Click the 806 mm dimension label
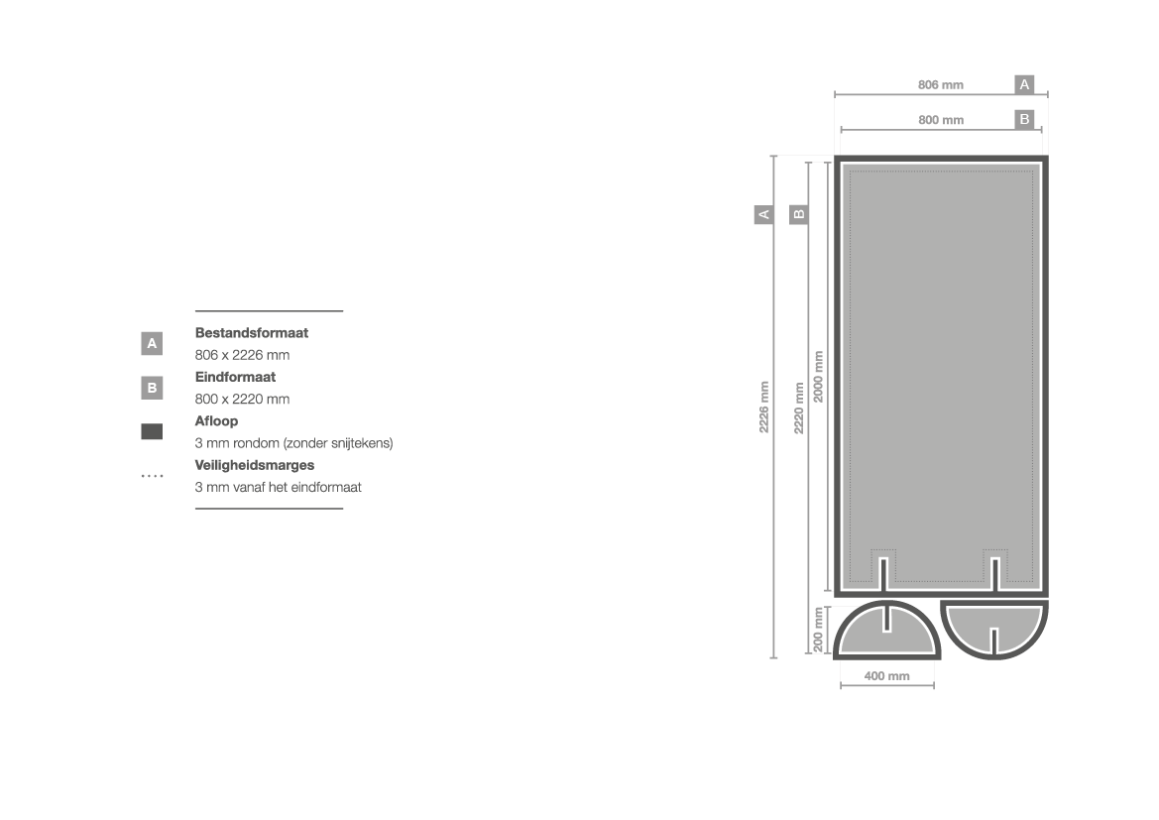(940, 85)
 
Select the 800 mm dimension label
(941, 120)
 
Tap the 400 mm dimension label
(886, 676)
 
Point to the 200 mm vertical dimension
(818, 630)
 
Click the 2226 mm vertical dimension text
(764, 407)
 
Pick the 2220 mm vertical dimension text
(799, 409)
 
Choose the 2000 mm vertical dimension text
(818, 377)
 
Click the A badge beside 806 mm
(1024, 84)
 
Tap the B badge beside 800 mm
(1024, 119)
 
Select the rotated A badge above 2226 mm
(764, 214)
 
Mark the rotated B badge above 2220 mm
(799, 214)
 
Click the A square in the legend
(152, 343)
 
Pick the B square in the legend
(152, 388)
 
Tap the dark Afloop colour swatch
(152, 431)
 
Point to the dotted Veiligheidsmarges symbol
(153, 475)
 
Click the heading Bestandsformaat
(251, 333)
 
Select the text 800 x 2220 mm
(243, 400)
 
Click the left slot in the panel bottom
(883, 574)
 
